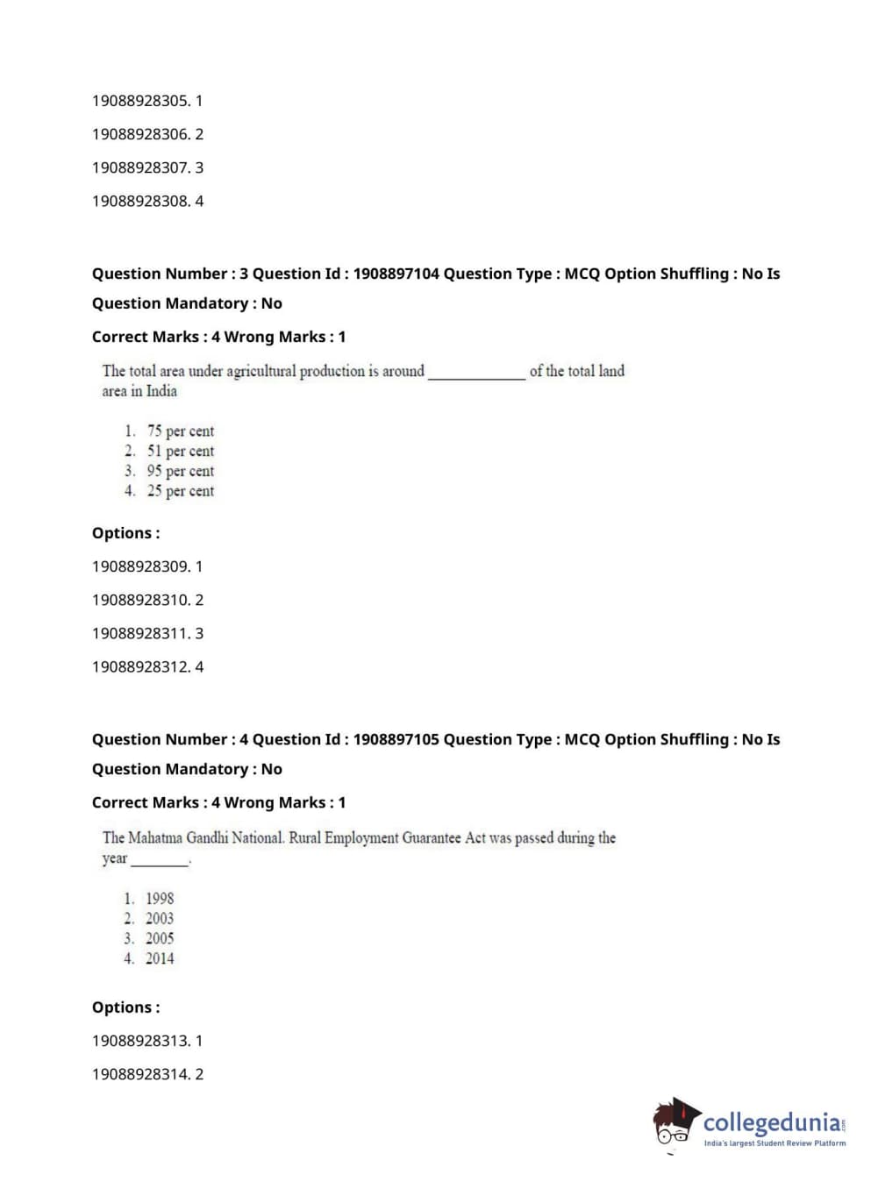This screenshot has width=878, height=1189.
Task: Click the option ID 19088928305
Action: [x=140, y=101]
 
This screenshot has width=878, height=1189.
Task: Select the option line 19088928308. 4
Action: [x=147, y=201]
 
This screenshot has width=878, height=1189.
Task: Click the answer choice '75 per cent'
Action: [x=180, y=431]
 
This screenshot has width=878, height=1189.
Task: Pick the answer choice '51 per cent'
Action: [x=180, y=451]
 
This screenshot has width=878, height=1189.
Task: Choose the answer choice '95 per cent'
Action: [x=180, y=471]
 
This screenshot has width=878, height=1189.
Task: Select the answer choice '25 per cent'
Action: [x=180, y=491]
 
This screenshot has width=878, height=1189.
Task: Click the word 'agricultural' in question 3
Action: [x=261, y=371]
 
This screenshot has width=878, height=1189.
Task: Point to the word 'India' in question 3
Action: [x=161, y=391]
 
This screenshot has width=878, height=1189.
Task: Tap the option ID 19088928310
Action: [x=140, y=600]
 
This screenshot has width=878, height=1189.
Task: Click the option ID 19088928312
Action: [x=140, y=666]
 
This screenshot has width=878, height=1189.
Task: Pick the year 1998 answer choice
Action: [x=160, y=898]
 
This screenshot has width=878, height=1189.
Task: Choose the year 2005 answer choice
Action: [x=160, y=938]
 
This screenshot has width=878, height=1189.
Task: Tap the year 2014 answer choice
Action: [x=160, y=958]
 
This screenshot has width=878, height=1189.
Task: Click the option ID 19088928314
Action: [x=140, y=1074]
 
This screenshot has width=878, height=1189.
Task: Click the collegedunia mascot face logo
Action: [x=675, y=1123]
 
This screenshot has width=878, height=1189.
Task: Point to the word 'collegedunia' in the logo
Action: [x=772, y=1122]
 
